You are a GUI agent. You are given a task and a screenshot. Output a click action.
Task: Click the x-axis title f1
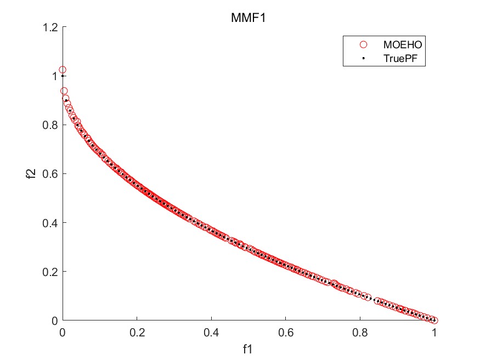(x=249, y=348)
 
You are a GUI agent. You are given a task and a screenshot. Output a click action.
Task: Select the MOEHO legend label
(x=403, y=44)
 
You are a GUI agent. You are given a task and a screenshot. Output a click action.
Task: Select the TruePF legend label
(x=403, y=58)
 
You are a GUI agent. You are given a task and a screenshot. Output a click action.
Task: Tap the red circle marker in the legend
(x=363, y=44)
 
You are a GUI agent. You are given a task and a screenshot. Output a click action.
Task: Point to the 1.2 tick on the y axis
(x=52, y=27)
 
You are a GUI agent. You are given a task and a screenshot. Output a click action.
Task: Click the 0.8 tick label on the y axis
(x=52, y=125)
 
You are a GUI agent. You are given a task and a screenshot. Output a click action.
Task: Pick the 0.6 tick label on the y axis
(x=52, y=174)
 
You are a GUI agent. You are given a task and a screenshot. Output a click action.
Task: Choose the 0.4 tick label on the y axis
(x=52, y=223)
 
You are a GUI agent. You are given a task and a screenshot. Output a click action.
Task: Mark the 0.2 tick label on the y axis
(x=52, y=272)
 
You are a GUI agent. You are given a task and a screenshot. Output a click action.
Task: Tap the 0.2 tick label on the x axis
(x=137, y=332)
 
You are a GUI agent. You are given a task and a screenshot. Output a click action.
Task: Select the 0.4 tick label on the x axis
(x=211, y=332)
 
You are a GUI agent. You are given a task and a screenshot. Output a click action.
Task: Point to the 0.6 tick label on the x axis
(x=285, y=332)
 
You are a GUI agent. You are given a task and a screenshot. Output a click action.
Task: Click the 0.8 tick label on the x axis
(x=360, y=332)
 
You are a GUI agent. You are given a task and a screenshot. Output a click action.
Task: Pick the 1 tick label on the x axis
(x=434, y=332)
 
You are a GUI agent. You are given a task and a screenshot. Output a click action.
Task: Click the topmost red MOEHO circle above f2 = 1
(x=63, y=70)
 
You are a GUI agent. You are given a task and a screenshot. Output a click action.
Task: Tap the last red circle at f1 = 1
(x=434, y=320)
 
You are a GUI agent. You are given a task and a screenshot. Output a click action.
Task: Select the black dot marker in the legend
(x=363, y=58)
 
